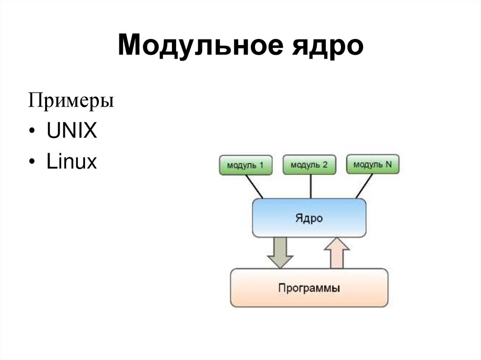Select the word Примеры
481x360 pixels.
click(x=71, y=101)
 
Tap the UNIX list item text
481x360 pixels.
click(x=71, y=132)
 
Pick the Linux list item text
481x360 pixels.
click(x=71, y=162)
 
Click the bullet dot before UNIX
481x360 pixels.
click(x=31, y=133)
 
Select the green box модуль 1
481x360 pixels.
click(x=245, y=165)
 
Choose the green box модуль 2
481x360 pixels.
click(x=309, y=165)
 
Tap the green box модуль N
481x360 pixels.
click(x=372, y=164)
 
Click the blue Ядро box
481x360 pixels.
click(x=309, y=218)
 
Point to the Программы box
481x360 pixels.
click(x=309, y=288)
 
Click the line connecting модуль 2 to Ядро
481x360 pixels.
click(x=310, y=186)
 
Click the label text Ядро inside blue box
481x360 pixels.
click(x=309, y=218)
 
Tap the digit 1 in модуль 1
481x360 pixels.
click(x=261, y=165)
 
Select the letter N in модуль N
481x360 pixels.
click(x=388, y=164)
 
